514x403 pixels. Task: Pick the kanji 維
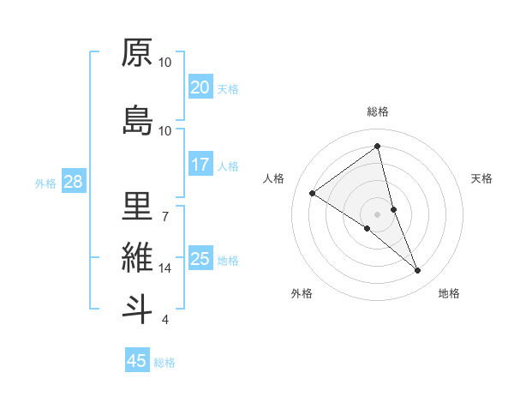click(138, 257)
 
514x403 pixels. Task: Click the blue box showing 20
click(200, 87)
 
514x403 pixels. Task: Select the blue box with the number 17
click(200, 165)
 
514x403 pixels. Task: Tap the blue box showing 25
click(200, 259)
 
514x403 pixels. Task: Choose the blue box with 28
click(73, 182)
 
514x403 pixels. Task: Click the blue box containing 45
click(137, 361)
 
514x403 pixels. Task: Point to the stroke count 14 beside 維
click(165, 268)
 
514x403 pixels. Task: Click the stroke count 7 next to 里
click(164, 216)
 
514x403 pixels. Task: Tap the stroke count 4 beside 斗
click(164, 320)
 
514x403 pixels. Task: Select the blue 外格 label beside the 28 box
click(45, 183)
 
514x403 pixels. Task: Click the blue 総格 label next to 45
click(164, 363)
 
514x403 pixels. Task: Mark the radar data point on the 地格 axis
click(418, 271)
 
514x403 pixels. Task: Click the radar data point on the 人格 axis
click(313, 193)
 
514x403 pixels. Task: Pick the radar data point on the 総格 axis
click(378, 146)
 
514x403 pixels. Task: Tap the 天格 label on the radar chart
click(481, 178)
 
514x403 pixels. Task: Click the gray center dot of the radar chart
click(377, 214)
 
